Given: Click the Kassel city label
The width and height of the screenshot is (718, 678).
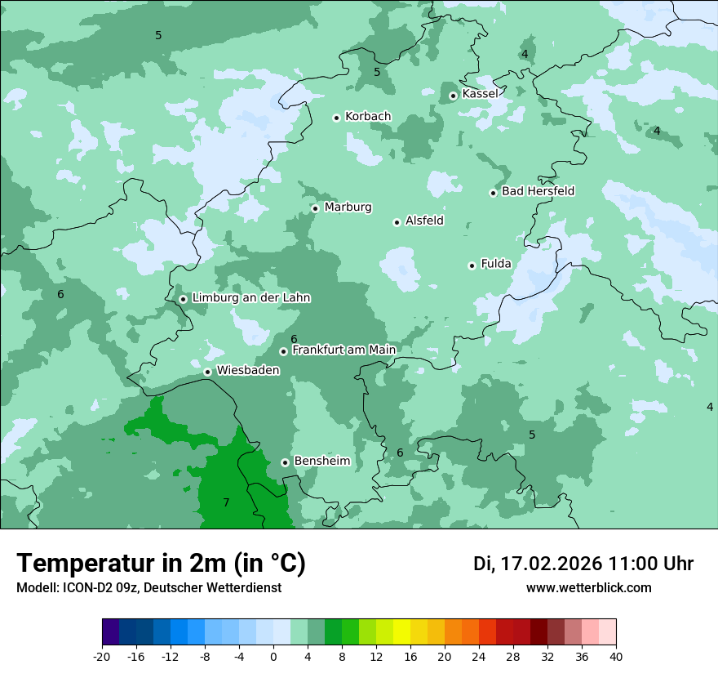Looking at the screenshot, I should pyautogui.click(x=480, y=94).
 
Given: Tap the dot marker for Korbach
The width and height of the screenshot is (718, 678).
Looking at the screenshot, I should pyautogui.click(x=336, y=118).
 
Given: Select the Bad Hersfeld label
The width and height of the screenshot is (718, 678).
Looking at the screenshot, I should pyautogui.click(x=538, y=191).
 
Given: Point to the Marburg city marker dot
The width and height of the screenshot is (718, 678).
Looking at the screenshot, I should pyautogui.click(x=315, y=208).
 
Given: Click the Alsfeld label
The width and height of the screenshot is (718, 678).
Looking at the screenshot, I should pyautogui.click(x=424, y=221).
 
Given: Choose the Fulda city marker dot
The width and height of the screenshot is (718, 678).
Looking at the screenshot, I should pyautogui.click(x=472, y=265).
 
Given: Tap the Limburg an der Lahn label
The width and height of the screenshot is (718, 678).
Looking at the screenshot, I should pyautogui.click(x=250, y=298).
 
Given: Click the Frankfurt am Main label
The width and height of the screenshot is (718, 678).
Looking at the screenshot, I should pyautogui.click(x=343, y=350).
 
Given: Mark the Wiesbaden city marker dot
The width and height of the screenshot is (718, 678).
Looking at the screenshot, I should pyautogui.click(x=207, y=372).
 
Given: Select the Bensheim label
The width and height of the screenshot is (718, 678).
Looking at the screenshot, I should pyautogui.click(x=321, y=461).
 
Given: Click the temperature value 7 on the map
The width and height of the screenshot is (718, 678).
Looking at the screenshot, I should pyautogui.click(x=226, y=502).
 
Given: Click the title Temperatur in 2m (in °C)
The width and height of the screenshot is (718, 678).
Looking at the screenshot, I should pyautogui.click(x=161, y=564).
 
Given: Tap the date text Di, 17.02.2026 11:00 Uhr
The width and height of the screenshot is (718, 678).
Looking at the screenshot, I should pyautogui.click(x=583, y=564).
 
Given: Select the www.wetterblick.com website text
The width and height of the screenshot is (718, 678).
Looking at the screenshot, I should pyautogui.click(x=588, y=587).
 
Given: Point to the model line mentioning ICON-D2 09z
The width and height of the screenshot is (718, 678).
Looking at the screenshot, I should pyautogui.click(x=148, y=587).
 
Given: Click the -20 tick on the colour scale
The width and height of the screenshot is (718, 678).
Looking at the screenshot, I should pyautogui.click(x=102, y=656).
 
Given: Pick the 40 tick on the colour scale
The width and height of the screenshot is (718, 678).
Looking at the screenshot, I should pyautogui.click(x=615, y=656).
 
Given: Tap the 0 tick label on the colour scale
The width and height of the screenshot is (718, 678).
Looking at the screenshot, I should pyautogui.click(x=273, y=656).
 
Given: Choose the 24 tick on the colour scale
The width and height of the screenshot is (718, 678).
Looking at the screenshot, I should pyautogui.click(x=479, y=656).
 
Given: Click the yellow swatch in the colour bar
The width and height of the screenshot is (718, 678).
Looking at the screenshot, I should pyautogui.click(x=401, y=632).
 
